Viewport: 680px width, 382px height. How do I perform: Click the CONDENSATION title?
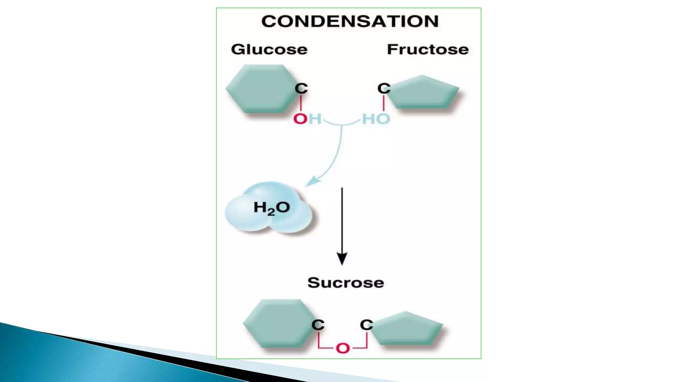tap(350, 21)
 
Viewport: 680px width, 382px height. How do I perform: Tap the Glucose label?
tap(269, 49)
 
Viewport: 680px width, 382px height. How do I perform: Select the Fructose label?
tap(428, 49)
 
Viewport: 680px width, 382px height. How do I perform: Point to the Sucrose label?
tap(345, 283)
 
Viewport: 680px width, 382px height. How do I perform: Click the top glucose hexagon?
tap(261, 88)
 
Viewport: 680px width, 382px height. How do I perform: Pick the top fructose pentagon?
tap(424, 93)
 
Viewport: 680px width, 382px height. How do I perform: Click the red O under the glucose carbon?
tap(300, 119)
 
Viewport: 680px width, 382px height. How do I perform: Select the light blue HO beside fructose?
tap(376, 119)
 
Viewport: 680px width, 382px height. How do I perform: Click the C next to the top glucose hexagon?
tap(301, 88)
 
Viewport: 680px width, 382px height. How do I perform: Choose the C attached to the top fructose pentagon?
tap(384, 88)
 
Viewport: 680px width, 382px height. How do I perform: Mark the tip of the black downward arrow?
tap(342, 263)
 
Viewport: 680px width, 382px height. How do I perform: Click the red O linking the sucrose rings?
tap(343, 348)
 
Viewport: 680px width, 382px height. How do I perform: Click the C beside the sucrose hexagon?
tap(318, 325)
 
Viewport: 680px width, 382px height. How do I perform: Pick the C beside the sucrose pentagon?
tap(367, 325)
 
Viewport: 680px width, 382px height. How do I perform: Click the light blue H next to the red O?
tap(315, 119)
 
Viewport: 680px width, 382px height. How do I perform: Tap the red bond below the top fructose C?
tap(384, 103)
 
